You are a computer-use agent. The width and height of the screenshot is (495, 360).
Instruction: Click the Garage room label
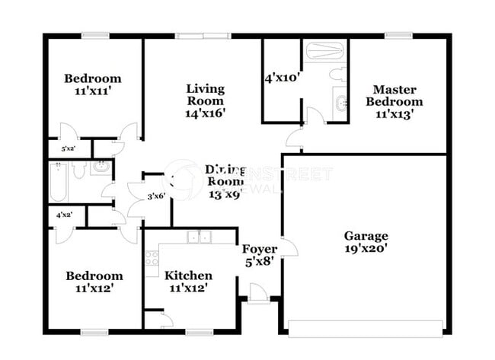coord(366,236)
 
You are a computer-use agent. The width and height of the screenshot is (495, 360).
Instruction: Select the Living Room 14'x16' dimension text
coord(206,113)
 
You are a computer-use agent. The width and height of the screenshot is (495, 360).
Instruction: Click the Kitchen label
coord(188,275)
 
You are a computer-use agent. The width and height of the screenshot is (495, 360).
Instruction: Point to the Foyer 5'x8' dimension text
coord(259,260)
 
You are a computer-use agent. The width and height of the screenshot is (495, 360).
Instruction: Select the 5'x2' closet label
coord(68,148)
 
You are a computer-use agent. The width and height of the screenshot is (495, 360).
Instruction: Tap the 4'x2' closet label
coord(65,215)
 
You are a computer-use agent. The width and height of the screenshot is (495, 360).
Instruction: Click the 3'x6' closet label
coord(156,196)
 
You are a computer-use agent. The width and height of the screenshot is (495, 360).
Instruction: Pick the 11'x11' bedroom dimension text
coord(92,91)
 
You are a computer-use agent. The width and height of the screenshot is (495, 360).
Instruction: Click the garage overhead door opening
coord(365,327)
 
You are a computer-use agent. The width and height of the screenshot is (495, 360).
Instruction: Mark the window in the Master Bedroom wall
coord(398,35)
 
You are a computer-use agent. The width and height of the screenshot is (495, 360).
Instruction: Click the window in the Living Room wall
coord(203,35)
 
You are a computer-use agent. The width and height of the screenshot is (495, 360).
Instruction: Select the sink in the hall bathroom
coord(100,167)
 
